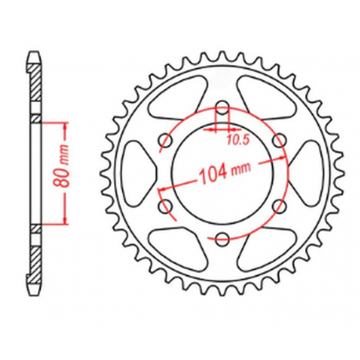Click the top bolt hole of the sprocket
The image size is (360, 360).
[x=221, y=108]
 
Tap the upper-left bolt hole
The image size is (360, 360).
[x=165, y=141]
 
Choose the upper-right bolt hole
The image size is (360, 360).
[x=277, y=141]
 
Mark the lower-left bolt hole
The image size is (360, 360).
[x=165, y=206]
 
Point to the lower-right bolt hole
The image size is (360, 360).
[x=277, y=206]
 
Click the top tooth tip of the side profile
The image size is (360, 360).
[x=34, y=56]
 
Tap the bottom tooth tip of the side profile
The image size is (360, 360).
[x=34, y=292]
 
